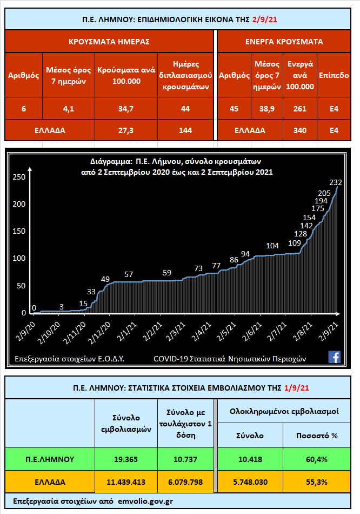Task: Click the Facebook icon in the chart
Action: point(334,357)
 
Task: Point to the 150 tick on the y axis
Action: point(19,231)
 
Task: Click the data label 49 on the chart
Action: point(105,279)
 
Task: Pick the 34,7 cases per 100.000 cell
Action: point(126,109)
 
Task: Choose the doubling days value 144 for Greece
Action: point(185,130)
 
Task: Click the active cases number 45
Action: point(234,109)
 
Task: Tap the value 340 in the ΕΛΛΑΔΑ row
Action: point(299,130)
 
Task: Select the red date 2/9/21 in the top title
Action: point(265,21)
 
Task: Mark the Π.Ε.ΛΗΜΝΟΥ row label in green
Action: point(50,459)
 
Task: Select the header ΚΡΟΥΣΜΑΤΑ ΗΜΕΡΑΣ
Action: point(109,41)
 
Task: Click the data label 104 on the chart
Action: point(273,246)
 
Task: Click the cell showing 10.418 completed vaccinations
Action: point(249,459)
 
